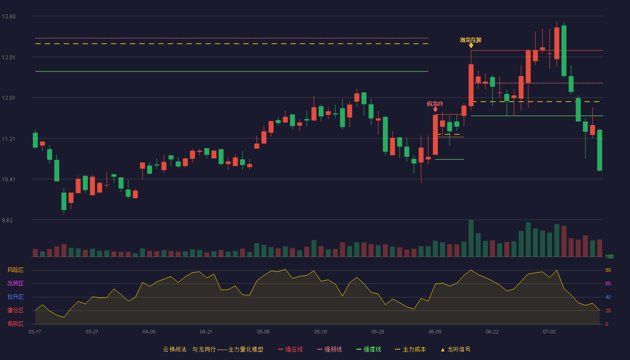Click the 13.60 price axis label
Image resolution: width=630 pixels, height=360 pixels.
coord(9,17)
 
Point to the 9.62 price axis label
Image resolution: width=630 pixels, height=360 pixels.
coord(7,220)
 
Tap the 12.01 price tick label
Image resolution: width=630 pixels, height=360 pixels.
coord(9,98)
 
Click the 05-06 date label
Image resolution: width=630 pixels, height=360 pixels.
coord(263,332)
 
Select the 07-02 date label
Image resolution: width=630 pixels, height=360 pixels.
coord(549,332)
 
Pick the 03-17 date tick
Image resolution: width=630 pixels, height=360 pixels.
coord(35,332)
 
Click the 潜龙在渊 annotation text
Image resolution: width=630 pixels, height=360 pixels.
coord(471,40)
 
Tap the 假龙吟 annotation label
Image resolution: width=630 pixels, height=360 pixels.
coord(435,104)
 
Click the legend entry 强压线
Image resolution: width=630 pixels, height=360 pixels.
coord(290,349)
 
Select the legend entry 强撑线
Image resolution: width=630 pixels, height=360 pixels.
coord(369,349)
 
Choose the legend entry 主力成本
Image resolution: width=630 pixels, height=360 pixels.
coord(410,349)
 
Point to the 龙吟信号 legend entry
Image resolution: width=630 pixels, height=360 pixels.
coord(455,349)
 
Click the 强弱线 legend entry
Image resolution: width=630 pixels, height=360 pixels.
coord(329,349)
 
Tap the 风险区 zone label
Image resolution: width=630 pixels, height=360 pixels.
coord(15,270)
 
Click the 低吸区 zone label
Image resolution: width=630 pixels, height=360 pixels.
coord(15,324)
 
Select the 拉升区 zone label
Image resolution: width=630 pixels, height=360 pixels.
coord(15,297)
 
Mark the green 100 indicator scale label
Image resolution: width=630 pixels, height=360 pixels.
coord(609,256)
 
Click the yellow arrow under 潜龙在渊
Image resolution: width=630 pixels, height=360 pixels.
coord(471,45)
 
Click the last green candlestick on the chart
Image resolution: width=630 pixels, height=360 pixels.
coord(599,150)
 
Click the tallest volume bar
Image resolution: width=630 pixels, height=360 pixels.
coord(471,238)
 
